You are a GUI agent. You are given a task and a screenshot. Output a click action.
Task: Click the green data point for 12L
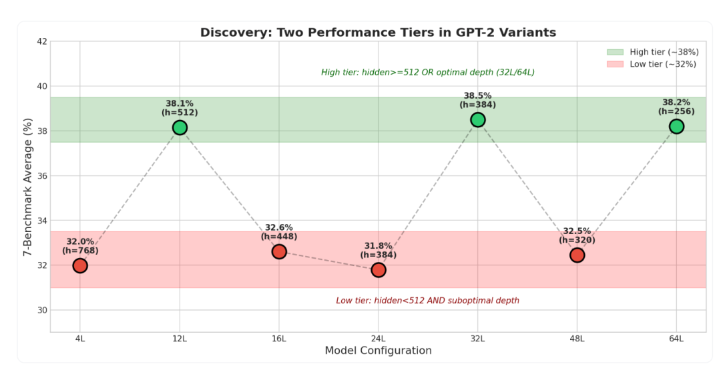coord(180,127)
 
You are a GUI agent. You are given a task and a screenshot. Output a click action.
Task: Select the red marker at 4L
coord(80,265)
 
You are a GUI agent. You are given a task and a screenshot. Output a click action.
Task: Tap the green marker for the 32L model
coord(478,119)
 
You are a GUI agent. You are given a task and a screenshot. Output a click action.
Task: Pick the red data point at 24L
coord(379,269)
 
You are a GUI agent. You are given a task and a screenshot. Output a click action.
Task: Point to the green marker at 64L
coord(676,127)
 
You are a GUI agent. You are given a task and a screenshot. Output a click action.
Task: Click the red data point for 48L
coord(577,255)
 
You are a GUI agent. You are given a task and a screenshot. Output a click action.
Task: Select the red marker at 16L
coord(279,251)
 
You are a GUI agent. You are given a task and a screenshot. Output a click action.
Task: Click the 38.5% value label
coord(478,95)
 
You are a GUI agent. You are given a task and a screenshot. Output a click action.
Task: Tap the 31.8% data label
coord(379,245)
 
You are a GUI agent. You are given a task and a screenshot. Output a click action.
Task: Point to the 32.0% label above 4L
coord(80,241)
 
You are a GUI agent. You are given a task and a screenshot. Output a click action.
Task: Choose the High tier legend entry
coord(651,52)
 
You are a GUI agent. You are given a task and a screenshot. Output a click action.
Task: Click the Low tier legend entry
coord(651,64)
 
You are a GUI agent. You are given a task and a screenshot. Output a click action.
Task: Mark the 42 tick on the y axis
coord(41,41)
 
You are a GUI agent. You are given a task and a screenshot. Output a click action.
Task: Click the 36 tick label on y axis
coord(41,176)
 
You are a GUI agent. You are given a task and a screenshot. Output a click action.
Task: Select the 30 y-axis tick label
coord(41,310)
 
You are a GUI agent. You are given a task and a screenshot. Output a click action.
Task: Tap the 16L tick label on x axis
coord(279,339)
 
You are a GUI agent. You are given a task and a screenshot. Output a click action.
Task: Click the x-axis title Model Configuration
coord(378,351)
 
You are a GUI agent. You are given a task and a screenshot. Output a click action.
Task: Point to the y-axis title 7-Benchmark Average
coord(27,186)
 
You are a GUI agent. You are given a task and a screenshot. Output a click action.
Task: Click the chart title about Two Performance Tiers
coord(378,33)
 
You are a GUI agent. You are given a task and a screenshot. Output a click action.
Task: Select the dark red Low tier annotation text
coord(427,301)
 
